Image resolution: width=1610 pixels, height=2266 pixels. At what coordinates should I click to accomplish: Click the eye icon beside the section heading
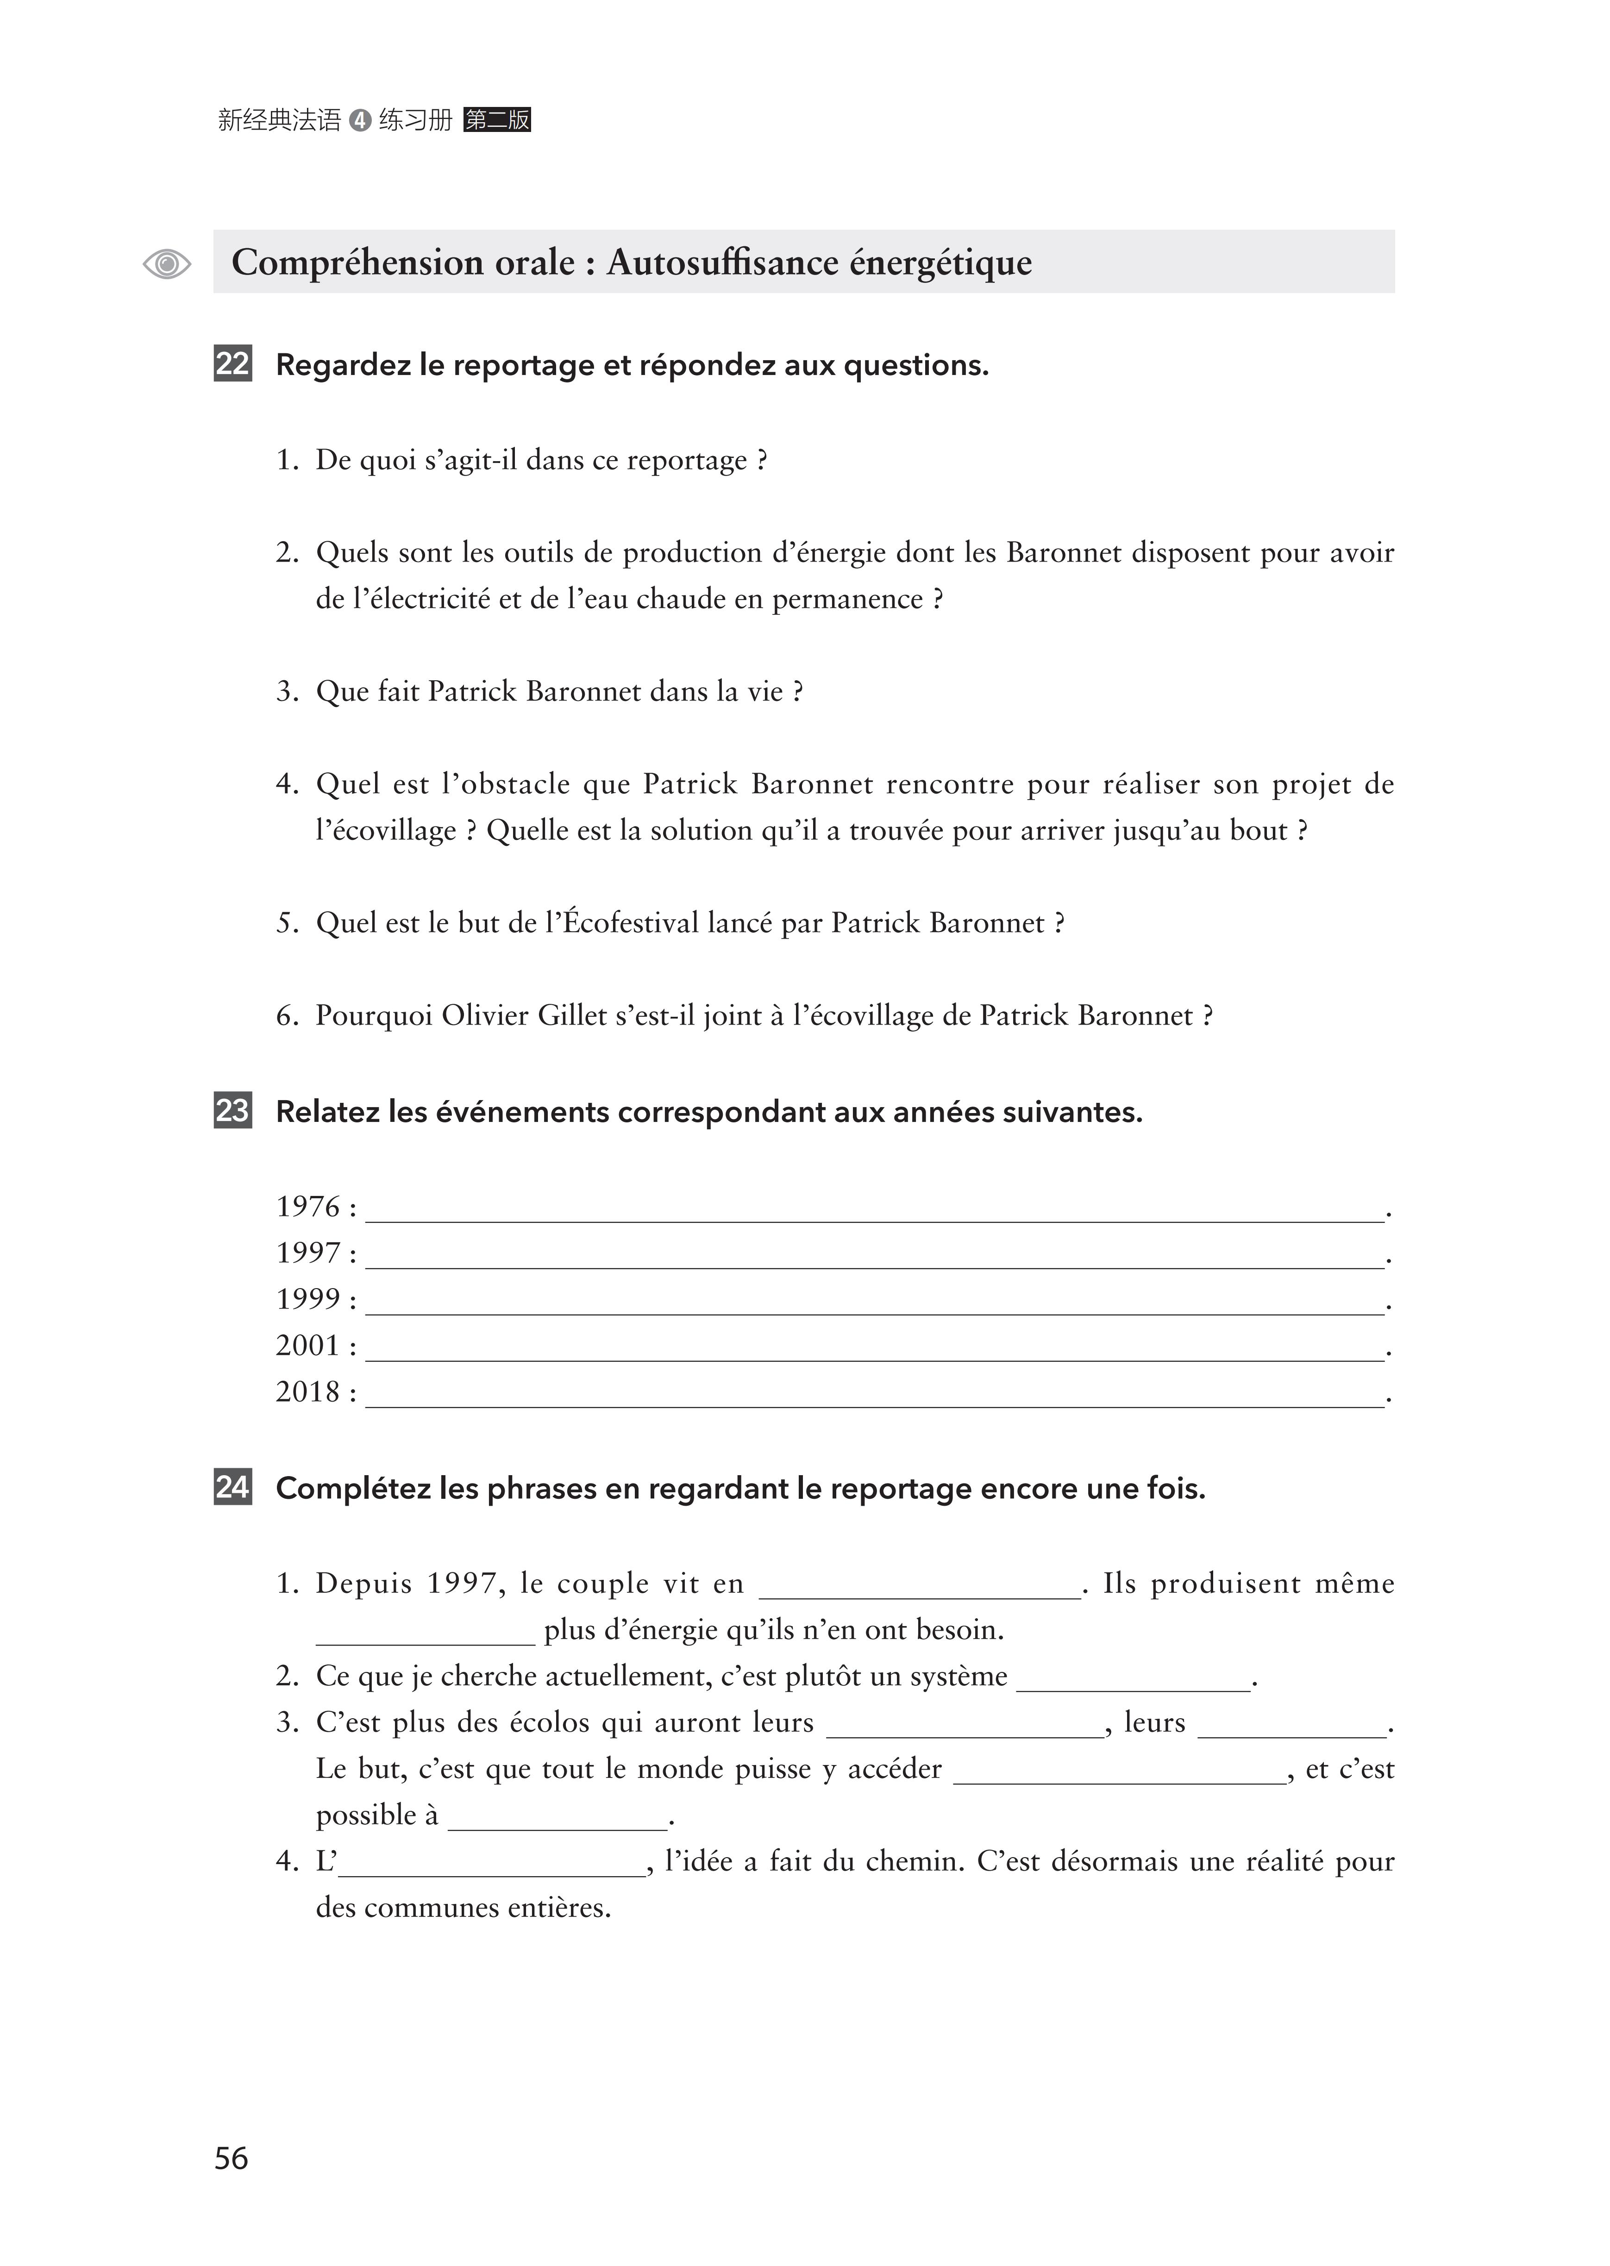coord(167,263)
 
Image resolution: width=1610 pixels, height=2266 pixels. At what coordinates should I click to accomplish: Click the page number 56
coord(231,2158)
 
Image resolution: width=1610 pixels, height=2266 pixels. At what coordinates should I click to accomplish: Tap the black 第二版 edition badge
coord(497,120)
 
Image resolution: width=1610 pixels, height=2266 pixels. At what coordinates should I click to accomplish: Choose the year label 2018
coord(308,1392)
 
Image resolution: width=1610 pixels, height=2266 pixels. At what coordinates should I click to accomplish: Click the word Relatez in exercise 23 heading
coord(328,1112)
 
